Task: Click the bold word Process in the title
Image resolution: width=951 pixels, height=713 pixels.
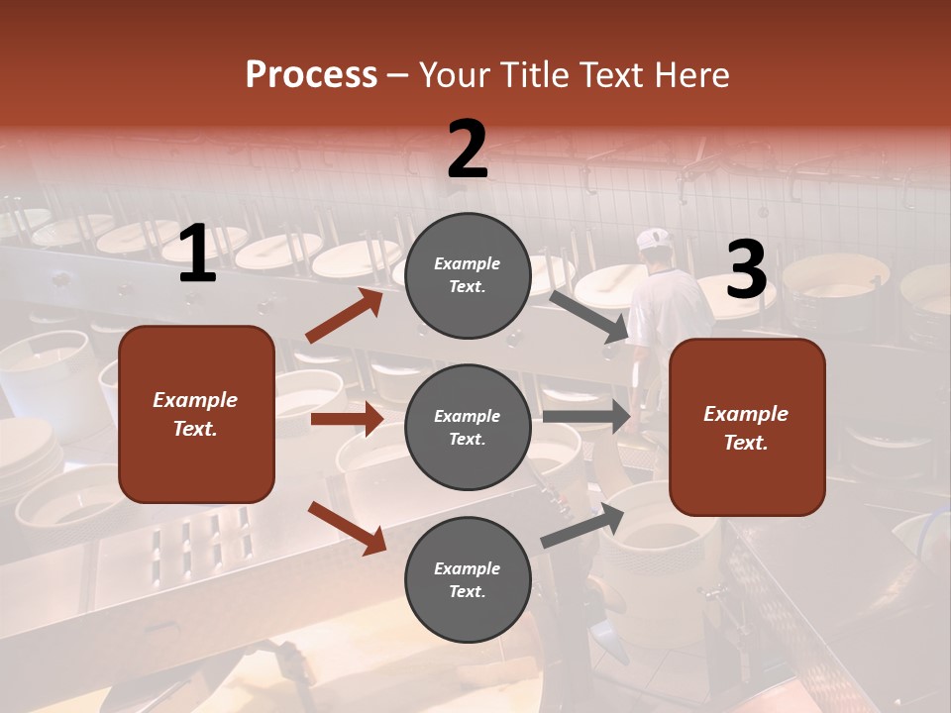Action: tap(311, 74)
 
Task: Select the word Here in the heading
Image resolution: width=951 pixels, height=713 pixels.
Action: tap(690, 74)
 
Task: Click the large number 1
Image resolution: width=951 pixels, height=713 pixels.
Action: tap(197, 255)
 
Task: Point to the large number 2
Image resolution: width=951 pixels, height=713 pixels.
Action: tap(468, 150)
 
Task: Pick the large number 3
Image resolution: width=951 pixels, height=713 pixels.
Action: tap(746, 270)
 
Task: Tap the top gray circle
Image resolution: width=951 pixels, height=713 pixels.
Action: tap(468, 275)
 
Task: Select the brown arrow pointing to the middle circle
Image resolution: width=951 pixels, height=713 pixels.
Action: tap(347, 419)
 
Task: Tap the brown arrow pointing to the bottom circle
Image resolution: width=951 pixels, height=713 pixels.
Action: tap(348, 527)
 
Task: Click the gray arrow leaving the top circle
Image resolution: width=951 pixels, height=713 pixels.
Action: tap(588, 316)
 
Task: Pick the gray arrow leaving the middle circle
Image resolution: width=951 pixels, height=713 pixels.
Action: tap(585, 417)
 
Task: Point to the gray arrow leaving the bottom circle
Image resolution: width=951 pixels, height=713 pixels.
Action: tap(582, 525)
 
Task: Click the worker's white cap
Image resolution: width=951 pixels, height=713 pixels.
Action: tap(654, 239)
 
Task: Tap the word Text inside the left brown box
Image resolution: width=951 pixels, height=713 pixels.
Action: tap(195, 429)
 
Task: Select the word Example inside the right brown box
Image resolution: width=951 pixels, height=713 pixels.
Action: tap(746, 414)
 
